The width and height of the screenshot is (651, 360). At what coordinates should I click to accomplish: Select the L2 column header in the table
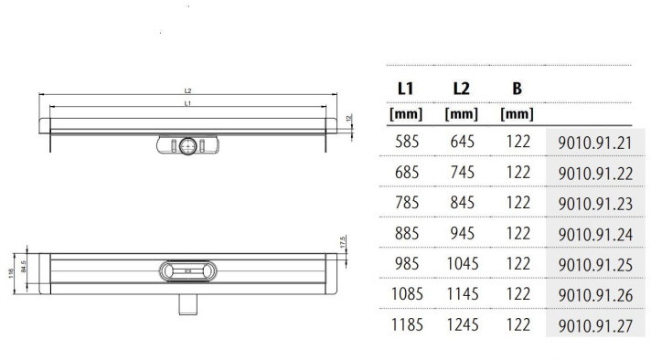coord(461,90)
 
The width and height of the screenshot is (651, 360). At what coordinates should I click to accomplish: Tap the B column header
coord(518,90)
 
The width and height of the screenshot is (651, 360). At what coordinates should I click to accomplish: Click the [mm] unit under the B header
coord(518,115)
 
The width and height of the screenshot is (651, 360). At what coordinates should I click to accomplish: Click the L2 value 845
coord(461,204)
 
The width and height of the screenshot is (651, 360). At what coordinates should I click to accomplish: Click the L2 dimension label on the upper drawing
coord(187,91)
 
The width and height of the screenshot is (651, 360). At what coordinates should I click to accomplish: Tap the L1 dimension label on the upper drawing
coord(187,104)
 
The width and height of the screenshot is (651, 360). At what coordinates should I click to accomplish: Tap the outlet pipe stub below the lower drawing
coord(188,302)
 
